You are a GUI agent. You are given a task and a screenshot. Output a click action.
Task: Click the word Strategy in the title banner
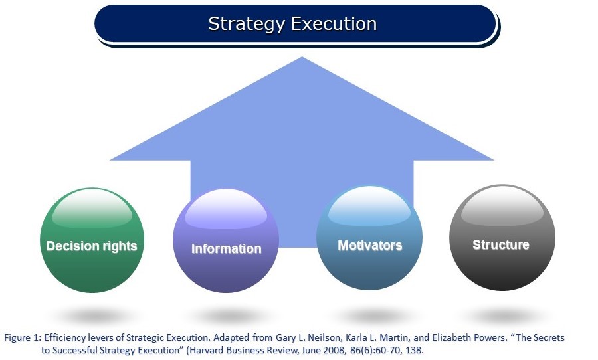tap(246, 24)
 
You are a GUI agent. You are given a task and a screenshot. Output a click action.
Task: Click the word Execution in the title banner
tap(334, 24)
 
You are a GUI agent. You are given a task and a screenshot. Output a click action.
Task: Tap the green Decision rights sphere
tap(92, 240)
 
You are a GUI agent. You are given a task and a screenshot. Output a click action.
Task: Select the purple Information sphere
tap(226, 240)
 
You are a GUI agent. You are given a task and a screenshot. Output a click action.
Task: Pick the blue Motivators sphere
tap(369, 238)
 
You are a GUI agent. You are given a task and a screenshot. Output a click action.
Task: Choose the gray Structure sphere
tap(502, 238)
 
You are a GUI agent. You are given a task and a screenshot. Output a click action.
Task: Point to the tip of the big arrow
tap(302, 57)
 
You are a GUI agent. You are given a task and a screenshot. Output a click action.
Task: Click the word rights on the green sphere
tap(120, 246)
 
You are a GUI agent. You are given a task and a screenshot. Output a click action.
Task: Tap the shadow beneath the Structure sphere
tap(502, 316)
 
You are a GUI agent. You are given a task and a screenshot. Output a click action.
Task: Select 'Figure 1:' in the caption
tap(23, 338)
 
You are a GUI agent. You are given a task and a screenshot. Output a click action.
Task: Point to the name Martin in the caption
tap(395, 338)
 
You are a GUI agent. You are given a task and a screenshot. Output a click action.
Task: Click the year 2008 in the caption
tap(334, 350)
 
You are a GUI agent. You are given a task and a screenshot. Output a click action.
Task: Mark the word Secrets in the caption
tap(549, 338)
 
